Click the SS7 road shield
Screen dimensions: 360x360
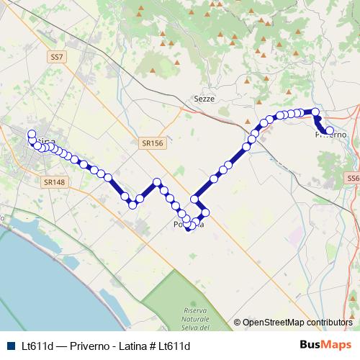pyautogui.click(x=58, y=55)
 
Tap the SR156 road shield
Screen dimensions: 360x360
pyautogui.click(x=153, y=143)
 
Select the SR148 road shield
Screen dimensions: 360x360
pyautogui.click(x=54, y=182)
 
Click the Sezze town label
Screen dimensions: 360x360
pyautogui.click(x=204, y=99)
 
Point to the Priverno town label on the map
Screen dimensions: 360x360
pyautogui.click(x=331, y=135)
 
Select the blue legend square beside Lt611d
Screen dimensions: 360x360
pyautogui.click(x=9, y=346)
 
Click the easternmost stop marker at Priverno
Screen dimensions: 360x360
pyautogui.click(x=330, y=131)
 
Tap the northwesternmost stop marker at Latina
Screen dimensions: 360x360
pyautogui.click(x=31, y=133)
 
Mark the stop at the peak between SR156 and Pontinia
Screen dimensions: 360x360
pyautogui.click(x=157, y=182)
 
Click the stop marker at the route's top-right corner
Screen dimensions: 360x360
pyautogui.click(x=315, y=112)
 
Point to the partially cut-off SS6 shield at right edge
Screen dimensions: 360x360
pyautogui.click(x=354, y=177)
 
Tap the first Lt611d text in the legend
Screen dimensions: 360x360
pyautogui.click(x=37, y=346)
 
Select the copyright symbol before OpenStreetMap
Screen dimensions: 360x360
pyautogui.click(x=238, y=323)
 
